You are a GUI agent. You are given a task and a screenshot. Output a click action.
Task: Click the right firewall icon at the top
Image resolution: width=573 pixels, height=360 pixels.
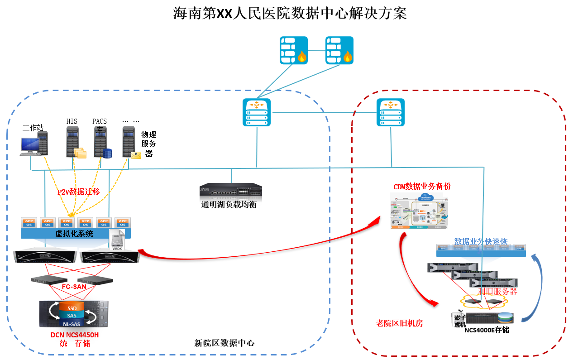click(x=339, y=50)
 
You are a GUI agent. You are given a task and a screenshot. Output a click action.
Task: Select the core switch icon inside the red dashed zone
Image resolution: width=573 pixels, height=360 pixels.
click(x=391, y=112)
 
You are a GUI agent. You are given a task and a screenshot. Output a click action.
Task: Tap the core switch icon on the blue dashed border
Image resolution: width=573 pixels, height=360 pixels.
click(x=256, y=112)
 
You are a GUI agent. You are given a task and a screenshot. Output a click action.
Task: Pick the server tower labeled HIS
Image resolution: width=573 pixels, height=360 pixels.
click(x=72, y=142)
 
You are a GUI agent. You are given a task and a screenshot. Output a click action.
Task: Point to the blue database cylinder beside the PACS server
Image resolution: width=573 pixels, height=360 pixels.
click(x=107, y=154)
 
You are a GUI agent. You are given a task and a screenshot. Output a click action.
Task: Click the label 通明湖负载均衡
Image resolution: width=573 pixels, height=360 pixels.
click(x=229, y=205)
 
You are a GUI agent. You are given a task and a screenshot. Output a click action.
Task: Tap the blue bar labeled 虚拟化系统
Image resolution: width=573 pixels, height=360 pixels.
click(x=75, y=234)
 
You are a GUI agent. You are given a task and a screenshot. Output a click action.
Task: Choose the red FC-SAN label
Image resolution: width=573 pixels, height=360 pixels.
click(x=74, y=287)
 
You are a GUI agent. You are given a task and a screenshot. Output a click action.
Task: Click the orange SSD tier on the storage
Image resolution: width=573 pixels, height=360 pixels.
click(x=72, y=308)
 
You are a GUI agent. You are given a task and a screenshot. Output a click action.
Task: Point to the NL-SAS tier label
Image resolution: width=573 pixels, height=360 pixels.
click(x=72, y=324)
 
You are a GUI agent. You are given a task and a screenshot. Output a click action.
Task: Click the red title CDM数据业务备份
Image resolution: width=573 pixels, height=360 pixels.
click(x=422, y=186)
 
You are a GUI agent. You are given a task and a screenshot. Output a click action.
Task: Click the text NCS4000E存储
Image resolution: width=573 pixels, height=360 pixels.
click(x=487, y=330)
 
